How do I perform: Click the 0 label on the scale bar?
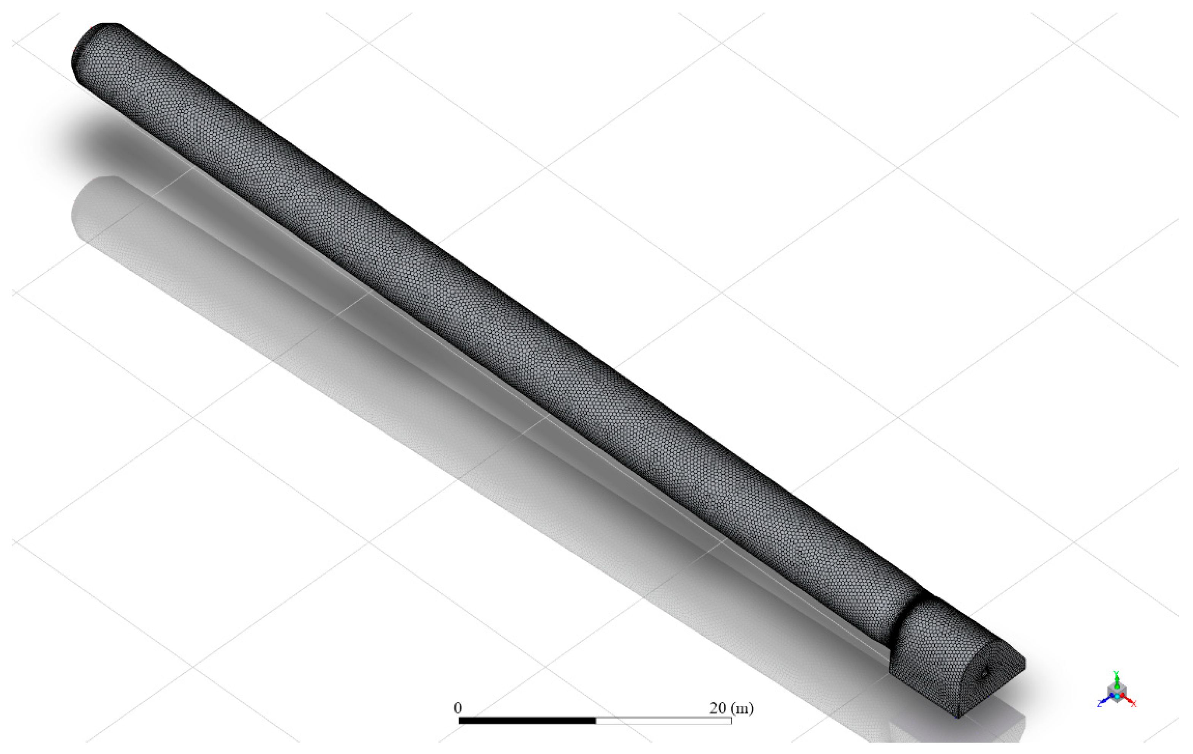coord(457,708)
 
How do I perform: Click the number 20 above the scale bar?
coord(717,708)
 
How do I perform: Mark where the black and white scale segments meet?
coord(595,720)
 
